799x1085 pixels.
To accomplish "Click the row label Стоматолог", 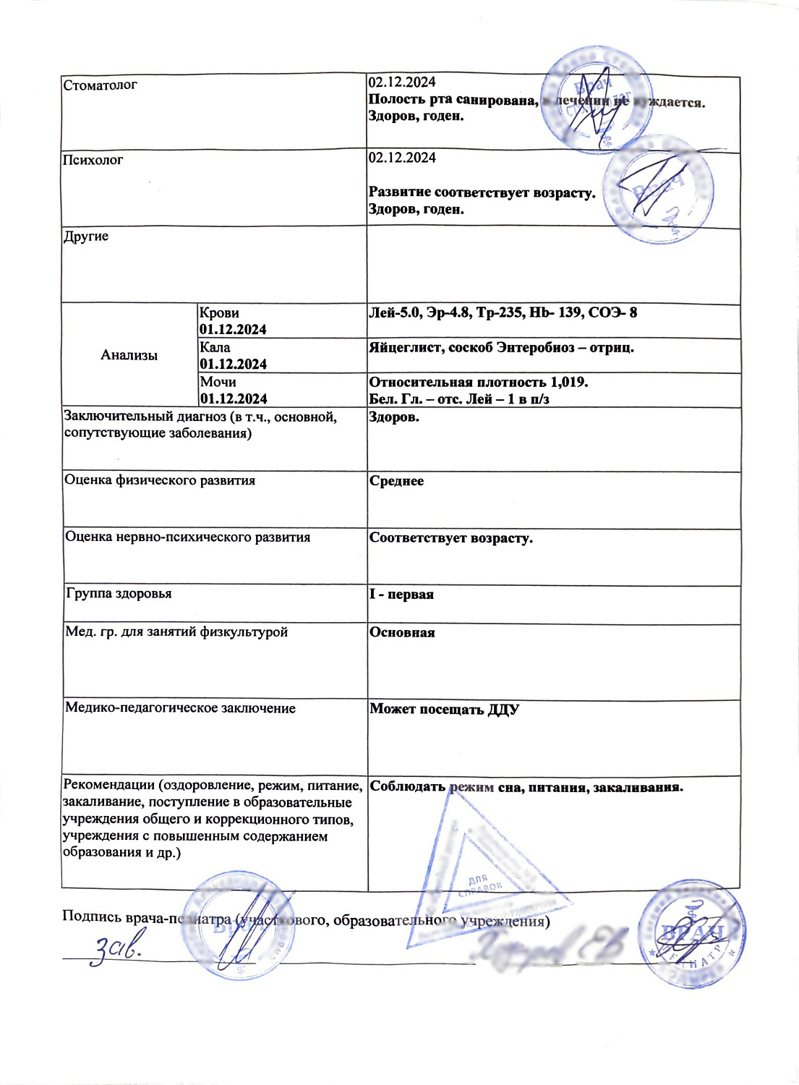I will point(100,85).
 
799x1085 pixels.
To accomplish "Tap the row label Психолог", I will point(93,160).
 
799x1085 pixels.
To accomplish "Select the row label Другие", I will point(86,237).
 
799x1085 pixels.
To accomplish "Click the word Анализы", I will point(129,355).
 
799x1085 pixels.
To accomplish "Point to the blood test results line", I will point(503,312).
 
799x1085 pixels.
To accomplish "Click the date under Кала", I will point(233,364).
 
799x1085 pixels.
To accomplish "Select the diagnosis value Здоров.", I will point(393,417).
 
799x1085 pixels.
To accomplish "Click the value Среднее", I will point(396,481).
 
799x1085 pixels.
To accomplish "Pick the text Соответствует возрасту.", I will point(450,538).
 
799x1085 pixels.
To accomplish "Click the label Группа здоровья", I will point(119,594).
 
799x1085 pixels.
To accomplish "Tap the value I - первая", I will point(401,595).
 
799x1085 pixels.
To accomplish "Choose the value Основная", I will point(402,632).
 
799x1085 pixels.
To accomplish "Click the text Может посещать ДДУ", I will point(444,709).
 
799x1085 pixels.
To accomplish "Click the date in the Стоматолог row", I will point(402,82).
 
